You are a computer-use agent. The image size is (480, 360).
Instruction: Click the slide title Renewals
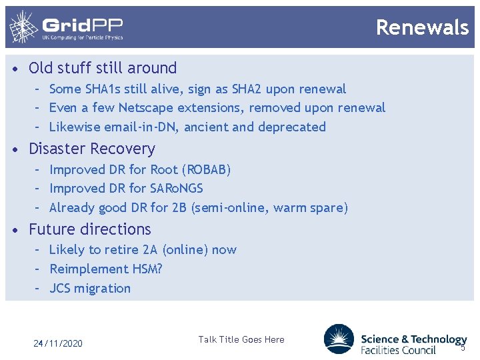pos(422,27)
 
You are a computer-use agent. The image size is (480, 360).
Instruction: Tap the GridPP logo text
pos(83,27)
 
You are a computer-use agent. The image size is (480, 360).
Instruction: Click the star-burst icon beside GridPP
pos(23,27)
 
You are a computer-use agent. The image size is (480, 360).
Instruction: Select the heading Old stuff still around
pos(103,68)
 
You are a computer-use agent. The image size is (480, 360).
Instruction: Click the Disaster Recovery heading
pos(91,149)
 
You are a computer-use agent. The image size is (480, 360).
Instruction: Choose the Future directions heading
pos(90,229)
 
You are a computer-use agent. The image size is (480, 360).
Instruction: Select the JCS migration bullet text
pos(90,289)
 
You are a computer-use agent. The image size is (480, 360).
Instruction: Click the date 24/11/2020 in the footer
pos(58,343)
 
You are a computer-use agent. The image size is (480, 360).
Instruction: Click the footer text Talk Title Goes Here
pos(241,339)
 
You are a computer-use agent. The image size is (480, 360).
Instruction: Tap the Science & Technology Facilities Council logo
pos(395,339)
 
